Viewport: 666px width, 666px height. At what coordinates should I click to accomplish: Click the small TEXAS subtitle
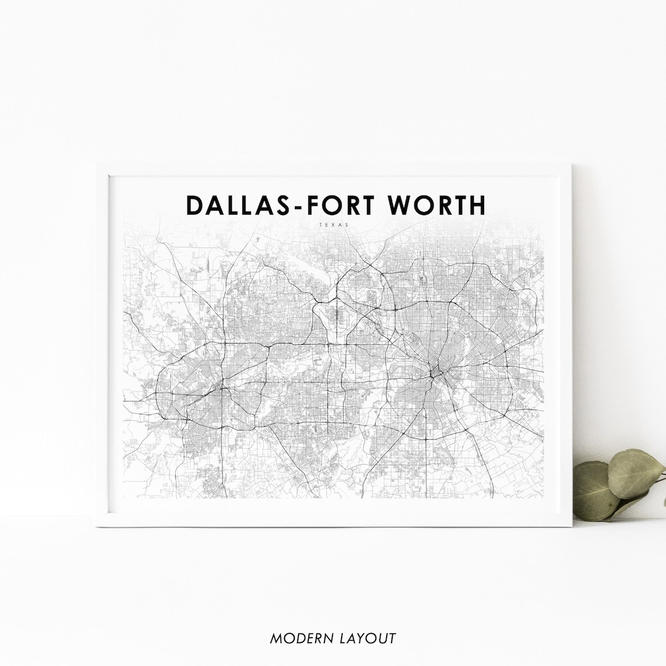(x=334, y=225)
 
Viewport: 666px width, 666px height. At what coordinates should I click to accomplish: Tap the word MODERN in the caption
(x=297, y=638)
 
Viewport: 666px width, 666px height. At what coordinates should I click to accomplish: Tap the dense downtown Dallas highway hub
(x=436, y=373)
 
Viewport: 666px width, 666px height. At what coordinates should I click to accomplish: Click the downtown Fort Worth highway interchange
(x=220, y=389)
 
